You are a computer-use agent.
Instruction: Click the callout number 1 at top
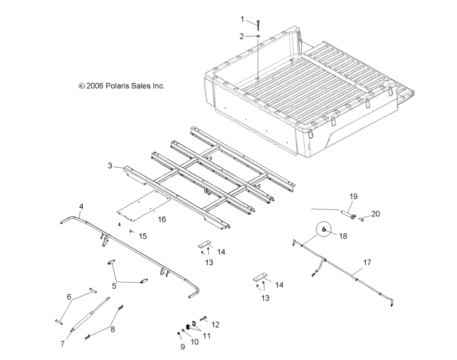click(x=242, y=19)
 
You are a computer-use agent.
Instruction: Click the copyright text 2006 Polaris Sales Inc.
click(x=121, y=86)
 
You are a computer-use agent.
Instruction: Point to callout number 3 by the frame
click(x=110, y=166)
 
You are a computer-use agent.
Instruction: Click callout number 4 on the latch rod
click(x=81, y=206)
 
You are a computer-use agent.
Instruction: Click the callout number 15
click(x=143, y=236)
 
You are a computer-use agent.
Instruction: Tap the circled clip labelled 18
click(x=325, y=229)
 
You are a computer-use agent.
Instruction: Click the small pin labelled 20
click(x=361, y=219)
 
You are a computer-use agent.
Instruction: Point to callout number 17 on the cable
click(x=367, y=263)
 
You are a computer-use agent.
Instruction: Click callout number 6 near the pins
click(x=69, y=296)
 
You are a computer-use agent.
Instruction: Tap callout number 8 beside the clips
click(x=112, y=329)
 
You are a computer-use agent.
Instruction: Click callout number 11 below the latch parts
click(x=206, y=336)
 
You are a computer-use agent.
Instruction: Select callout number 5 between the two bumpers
click(x=114, y=286)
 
